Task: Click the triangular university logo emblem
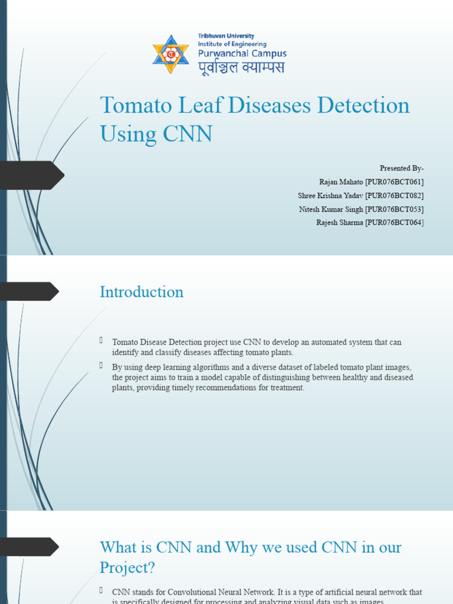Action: [x=170, y=55]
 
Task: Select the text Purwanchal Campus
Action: [x=242, y=53]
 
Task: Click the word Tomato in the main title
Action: [x=129, y=106]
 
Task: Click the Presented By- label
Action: [x=402, y=168]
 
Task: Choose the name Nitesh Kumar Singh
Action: [x=330, y=209]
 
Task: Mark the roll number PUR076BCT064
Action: [x=394, y=222]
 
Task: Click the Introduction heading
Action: [x=142, y=292]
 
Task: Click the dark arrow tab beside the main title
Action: [x=32, y=175]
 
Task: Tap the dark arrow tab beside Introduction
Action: [x=29, y=291]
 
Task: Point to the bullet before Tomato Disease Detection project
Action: [x=101, y=340]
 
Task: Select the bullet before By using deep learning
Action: [x=101, y=366]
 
